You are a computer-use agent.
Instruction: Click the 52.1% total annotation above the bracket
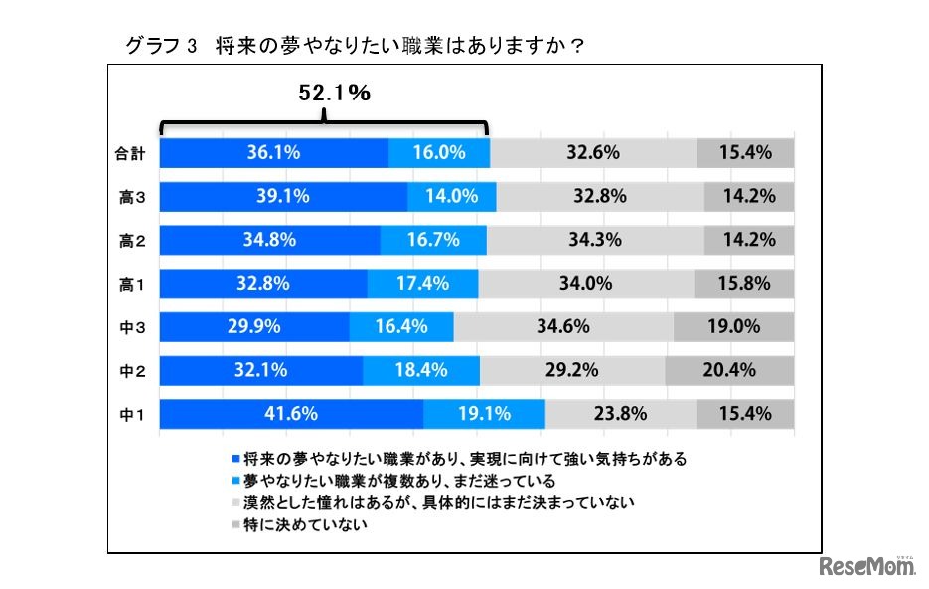[335, 94]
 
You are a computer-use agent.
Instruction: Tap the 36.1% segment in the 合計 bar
[273, 152]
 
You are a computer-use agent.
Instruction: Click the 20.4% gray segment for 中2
[729, 370]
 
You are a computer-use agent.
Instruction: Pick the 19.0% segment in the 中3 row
[733, 326]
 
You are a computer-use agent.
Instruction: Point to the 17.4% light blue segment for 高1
[422, 283]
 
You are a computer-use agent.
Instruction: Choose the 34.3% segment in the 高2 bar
[595, 240]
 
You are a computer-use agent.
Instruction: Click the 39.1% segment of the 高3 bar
[283, 196]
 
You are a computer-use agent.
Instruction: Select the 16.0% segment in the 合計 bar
[439, 152]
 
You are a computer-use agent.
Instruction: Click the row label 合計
[130, 153]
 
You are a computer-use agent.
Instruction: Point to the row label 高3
[132, 197]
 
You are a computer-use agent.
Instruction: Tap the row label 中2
[132, 371]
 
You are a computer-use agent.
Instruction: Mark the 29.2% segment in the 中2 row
[572, 370]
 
